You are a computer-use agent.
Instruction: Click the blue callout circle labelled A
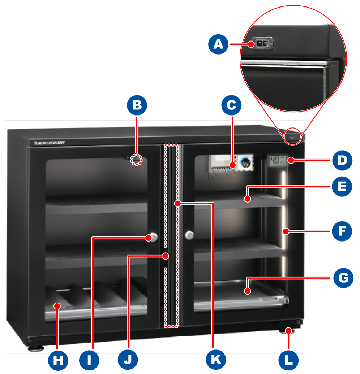click(218, 44)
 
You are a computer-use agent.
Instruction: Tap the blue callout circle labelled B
click(137, 105)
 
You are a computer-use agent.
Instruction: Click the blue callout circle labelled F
click(342, 231)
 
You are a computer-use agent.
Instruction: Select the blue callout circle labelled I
click(89, 360)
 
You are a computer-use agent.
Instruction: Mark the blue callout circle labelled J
click(128, 360)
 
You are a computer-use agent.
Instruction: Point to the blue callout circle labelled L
click(289, 360)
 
